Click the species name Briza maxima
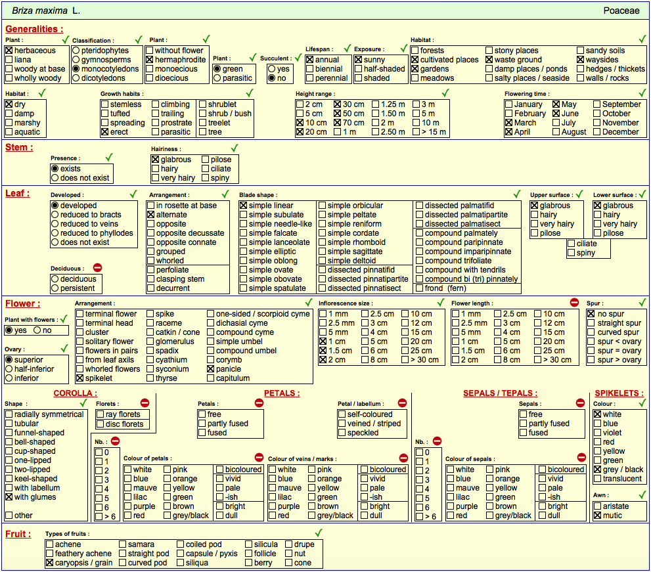pyautogui.click(x=39, y=11)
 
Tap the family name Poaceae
pyautogui.click(x=621, y=11)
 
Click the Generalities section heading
pyautogui.click(x=34, y=29)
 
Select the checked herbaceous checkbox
pyautogui.click(x=9, y=51)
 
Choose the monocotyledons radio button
pyautogui.click(x=76, y=69)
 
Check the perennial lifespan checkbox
pyautogui.click(x=309, y=78)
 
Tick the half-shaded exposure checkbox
pyautogui.click(x=359, y=69)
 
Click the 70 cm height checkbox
pyautogui.click(x=338, y=123)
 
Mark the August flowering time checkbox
pyautogui.click(x=556, y=132)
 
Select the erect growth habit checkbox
pyautogui.click(x=104, y=132)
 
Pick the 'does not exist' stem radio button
pyautogui.click(x=55, y=178)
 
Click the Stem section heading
pyautogui.click(x=19, y=147)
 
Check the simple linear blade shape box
pyautogui.click(x=244, y=206)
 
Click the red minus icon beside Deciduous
pyautogui.click(x=98, y=268)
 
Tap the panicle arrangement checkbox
pyautogui.click(x=210, y=369)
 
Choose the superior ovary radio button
pyautogui.click(x=9, y=360)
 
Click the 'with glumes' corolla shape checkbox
pyautogui.click(x=9, y=497)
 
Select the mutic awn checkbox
pyautogui.click(x=597, y=516)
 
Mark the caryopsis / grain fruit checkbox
pyautogui.click(x=50, y=563)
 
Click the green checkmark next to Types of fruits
pyautogui.click(x=319, y=533)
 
